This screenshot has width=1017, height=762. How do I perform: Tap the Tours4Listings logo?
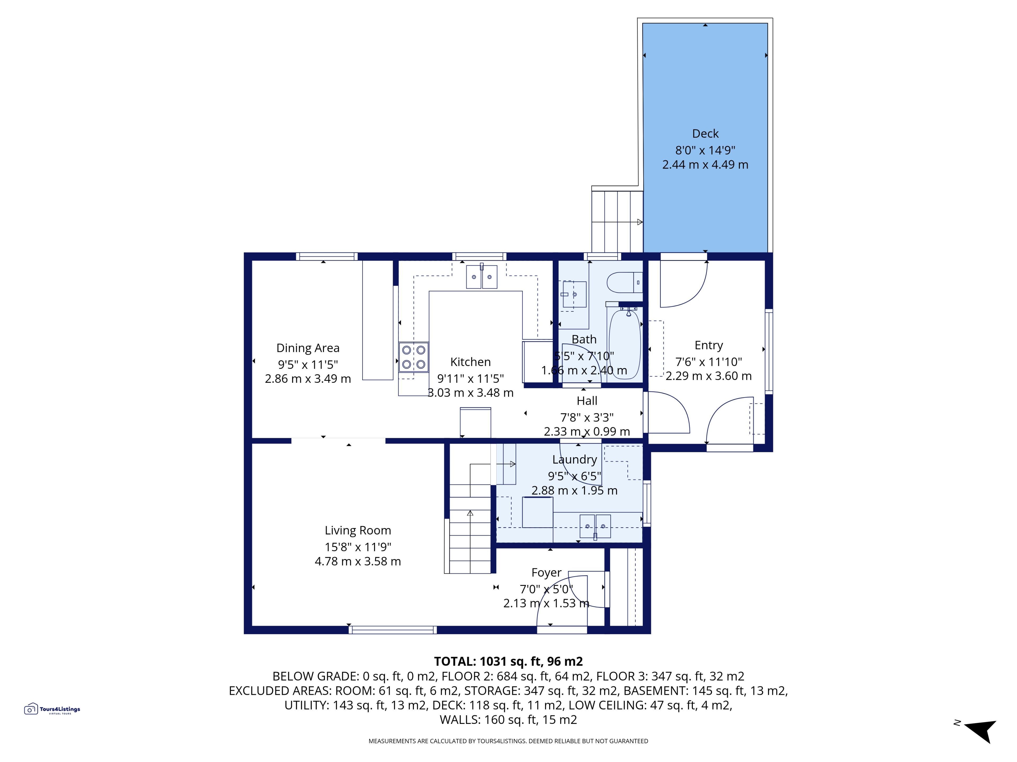52,709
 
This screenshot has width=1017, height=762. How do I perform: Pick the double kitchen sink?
481,276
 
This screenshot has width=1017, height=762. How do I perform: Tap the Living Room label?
358,530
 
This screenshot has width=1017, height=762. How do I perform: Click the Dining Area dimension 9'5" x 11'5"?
307,365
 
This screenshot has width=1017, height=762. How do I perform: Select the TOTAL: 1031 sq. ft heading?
508,661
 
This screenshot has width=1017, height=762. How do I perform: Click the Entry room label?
708,345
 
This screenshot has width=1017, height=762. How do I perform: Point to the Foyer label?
546,573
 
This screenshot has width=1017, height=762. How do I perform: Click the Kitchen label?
470,362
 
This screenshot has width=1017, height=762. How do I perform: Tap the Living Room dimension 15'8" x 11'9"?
358,547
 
